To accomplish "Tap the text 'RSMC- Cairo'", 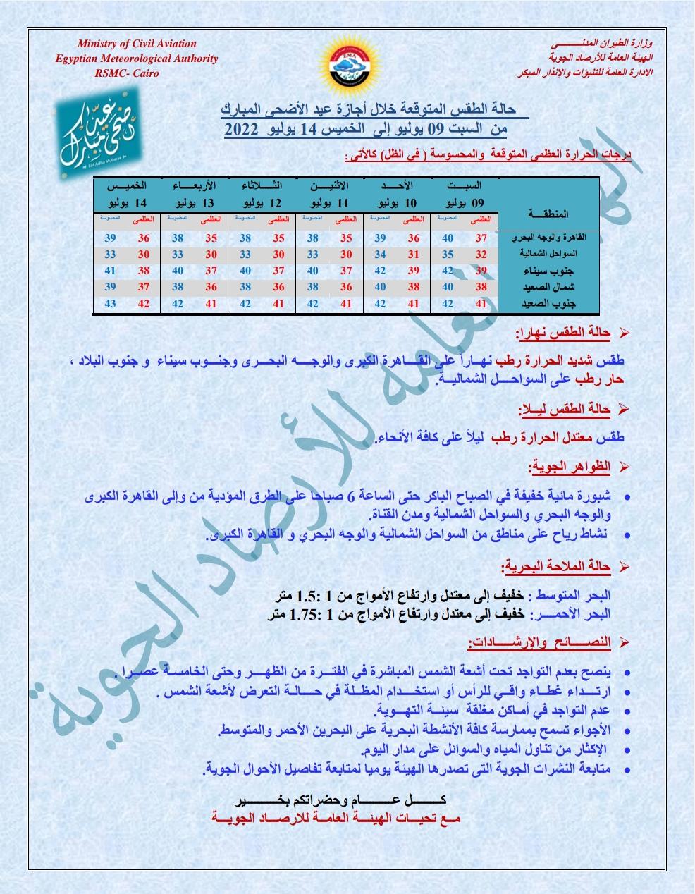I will pyautogui.click(x=128, y=73).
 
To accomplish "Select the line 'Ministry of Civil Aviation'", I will pyautogui.click(x=137, y=44).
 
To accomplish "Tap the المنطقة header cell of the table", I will pyautogui.click(x=547, y=214).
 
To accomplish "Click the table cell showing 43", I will pyautogui.click(x=110, y=304).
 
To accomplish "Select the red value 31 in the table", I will pyautogui.click(x=414, y=254).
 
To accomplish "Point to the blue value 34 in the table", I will pyautogui.click(x=380, y=254).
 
